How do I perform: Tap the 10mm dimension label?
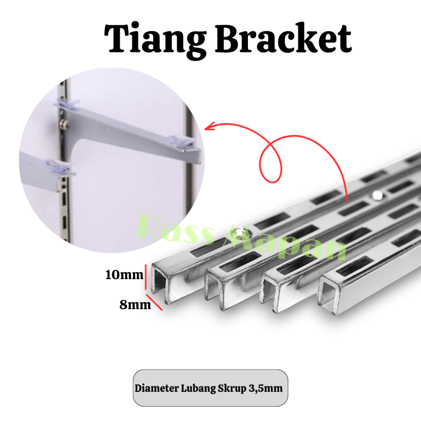[x=124, y=275]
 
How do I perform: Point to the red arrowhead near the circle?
[x=207, y=127]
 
